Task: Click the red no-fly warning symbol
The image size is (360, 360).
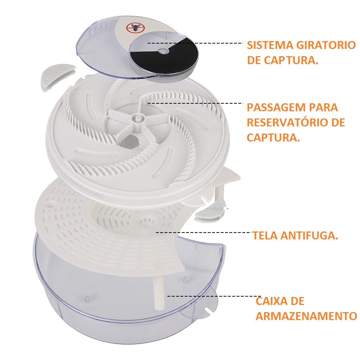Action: coord(135,28)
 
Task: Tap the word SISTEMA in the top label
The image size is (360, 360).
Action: coord(270,45)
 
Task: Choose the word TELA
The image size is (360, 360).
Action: coord(265,235)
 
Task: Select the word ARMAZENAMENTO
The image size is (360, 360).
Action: coord(306,316)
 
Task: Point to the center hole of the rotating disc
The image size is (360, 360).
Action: coord(163,51)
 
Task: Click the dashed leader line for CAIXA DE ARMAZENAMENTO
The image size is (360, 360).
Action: coord(214,296)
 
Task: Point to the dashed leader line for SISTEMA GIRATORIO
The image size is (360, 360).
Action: coord(195,43)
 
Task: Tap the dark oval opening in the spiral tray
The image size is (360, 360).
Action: coord(130,141)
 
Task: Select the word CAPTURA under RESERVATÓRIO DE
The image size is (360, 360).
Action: coord(274,138)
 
